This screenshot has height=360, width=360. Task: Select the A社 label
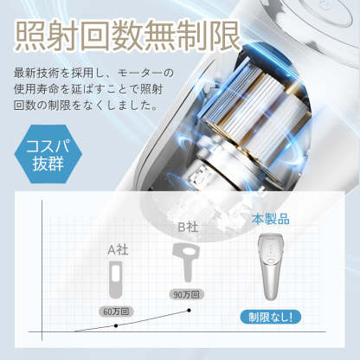(117, 249)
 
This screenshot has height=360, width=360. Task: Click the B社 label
(188, 228)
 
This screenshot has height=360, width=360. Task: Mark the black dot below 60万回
(117, 325)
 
